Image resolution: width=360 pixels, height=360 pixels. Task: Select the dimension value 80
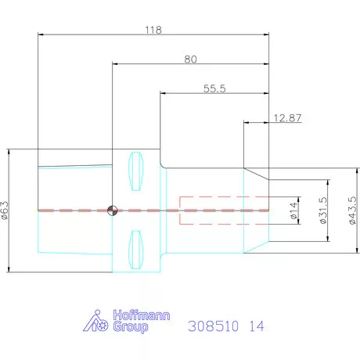tap(190, 59)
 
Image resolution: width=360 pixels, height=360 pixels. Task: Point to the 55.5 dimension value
tap(214, 89)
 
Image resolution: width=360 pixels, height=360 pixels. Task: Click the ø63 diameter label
tap(6, 210)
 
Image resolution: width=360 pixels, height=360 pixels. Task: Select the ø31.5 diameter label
tap(323, 211)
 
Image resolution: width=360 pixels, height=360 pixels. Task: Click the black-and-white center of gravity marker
tap(113, 210)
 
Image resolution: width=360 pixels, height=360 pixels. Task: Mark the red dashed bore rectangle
tap(225, 210)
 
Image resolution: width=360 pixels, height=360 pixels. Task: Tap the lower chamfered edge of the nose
tap(256, 247)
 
